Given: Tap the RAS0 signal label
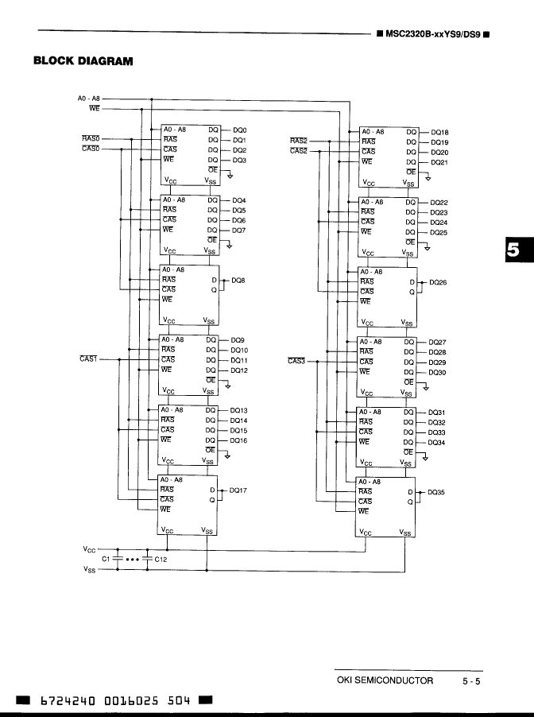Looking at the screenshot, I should [91, 138].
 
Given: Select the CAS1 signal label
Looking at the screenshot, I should [88, 359].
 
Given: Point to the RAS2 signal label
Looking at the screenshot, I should [299, 141].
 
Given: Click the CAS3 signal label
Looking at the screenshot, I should [296, 361].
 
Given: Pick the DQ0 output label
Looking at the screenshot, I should [239, 130].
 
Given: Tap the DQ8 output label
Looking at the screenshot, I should [238, 281].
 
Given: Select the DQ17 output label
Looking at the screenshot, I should [238, 490].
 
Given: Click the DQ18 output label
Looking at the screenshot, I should [439, 132].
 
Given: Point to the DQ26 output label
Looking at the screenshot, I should [438, 282].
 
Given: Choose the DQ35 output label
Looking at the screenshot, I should [436, 492].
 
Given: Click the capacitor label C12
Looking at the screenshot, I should [161, 559].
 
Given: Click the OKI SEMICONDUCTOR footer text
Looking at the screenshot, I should [385, 680].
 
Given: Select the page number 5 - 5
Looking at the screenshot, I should [472, 680].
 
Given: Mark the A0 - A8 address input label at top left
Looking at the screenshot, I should [89, 98].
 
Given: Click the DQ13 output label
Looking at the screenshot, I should [238, 410].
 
